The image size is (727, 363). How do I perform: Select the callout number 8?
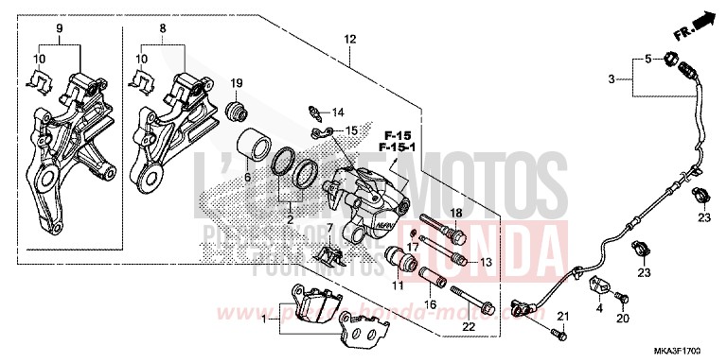click(163, 29)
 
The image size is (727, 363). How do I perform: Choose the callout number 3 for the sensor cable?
click(612, 79)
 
